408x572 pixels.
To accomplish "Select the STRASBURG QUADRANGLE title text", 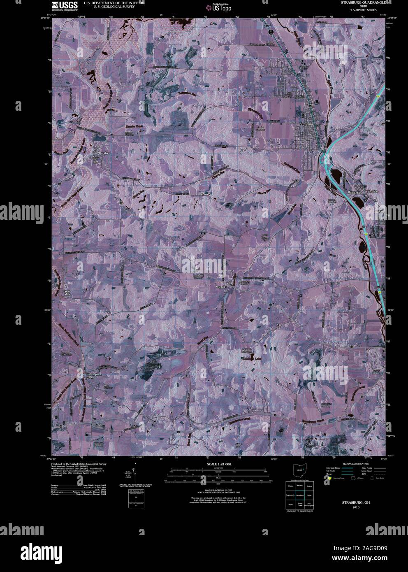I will (x=362, y=2).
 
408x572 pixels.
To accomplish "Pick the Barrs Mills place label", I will (x=67, y=293).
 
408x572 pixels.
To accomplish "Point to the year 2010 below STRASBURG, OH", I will (x=356, y=507).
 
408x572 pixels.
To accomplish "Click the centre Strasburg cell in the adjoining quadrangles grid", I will (x=300, y=495).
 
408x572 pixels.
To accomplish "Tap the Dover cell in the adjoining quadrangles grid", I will (x=309, y=495).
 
